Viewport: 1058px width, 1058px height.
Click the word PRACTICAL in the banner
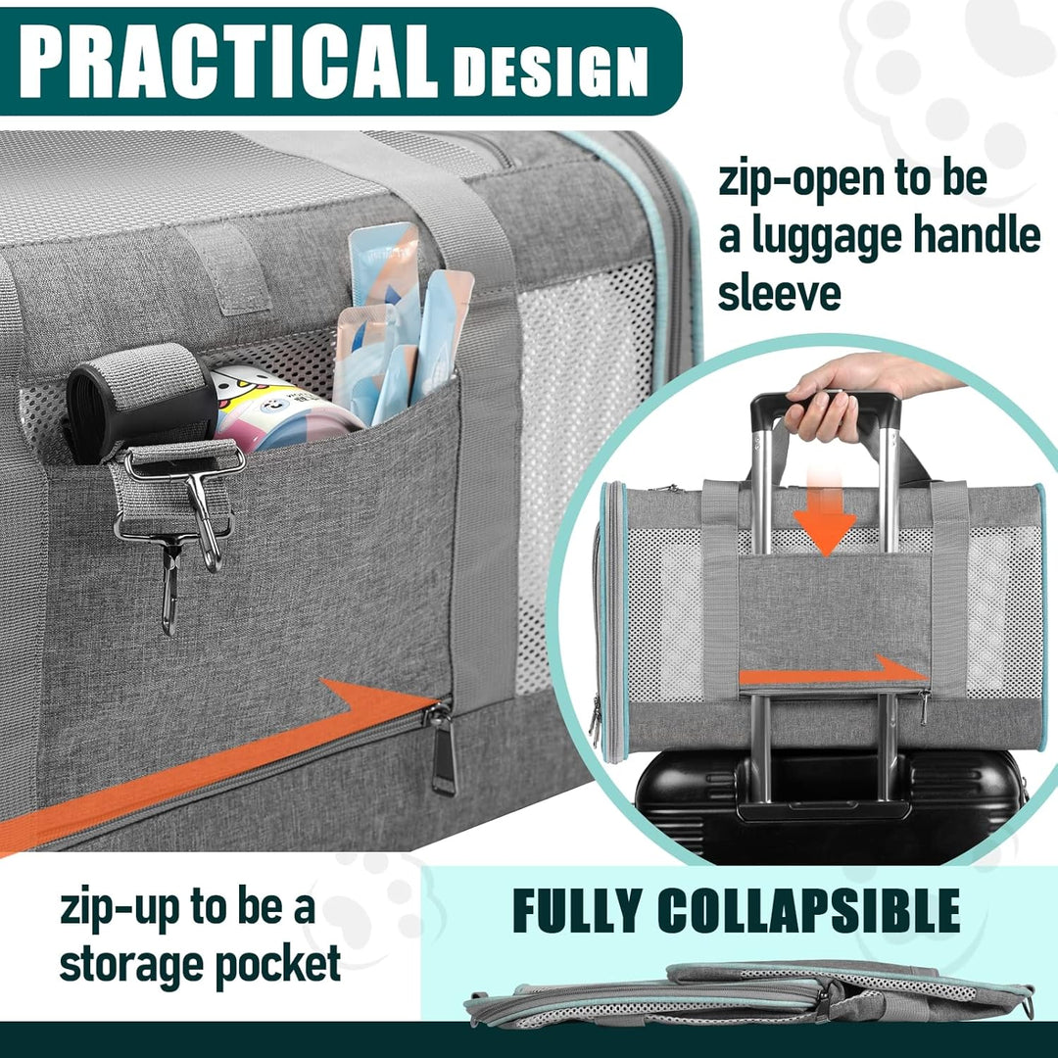[x=228, y=62]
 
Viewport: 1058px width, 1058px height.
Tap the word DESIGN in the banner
[x=550, y=71]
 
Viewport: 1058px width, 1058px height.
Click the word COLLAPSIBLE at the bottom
[x=808, y=910]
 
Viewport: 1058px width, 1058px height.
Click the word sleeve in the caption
[x=780, y=294]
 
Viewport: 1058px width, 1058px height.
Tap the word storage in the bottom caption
[x=131, y=964]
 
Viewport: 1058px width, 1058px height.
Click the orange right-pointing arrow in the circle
[x=834, y=674]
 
